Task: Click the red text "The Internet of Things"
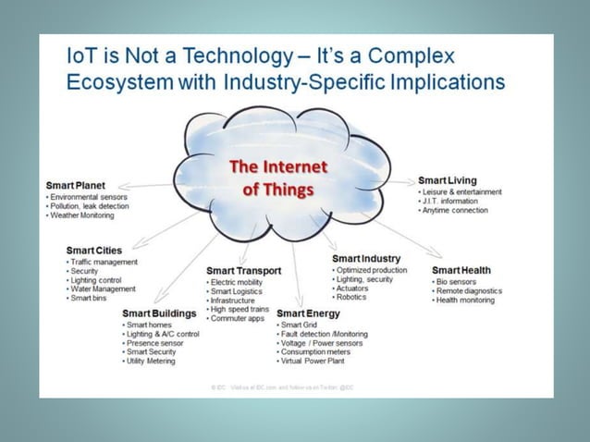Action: [278, 178]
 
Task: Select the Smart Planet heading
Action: [76, 185]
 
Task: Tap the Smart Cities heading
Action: [94, 250]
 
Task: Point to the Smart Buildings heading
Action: [159, 313]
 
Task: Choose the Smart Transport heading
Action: [244, 270]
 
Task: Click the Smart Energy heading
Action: [309, 313]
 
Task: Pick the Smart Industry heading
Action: [366, 257]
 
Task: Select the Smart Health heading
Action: [461, 270]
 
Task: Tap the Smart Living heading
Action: [448, 179]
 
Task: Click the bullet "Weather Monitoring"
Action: [82, 215]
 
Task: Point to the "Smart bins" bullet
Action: [90, 299]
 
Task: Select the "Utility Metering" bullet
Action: [152, 362]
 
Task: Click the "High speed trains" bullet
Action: [240, 309]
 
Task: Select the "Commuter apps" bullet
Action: [237, 318]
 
